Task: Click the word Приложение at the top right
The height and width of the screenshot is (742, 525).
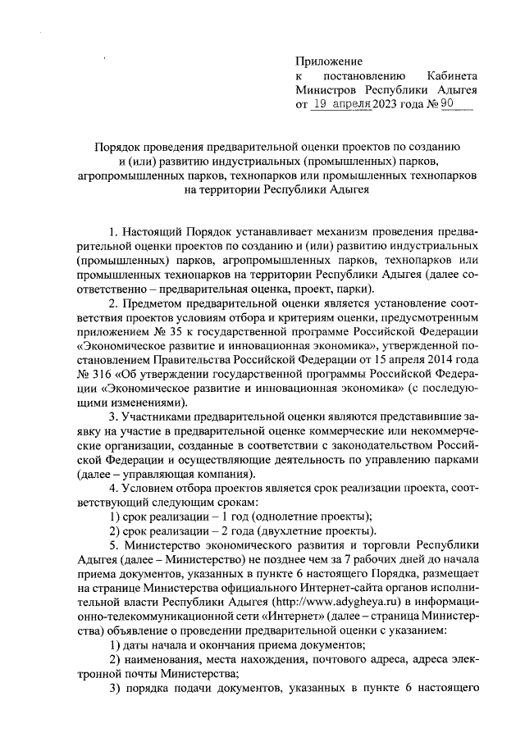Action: [x=329, y=61]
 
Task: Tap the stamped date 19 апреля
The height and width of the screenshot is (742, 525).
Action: [x=336, y=105]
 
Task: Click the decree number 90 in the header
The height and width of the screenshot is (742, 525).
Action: [x=447, y=105]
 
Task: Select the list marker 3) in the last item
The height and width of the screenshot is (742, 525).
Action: [x=116, y=690]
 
